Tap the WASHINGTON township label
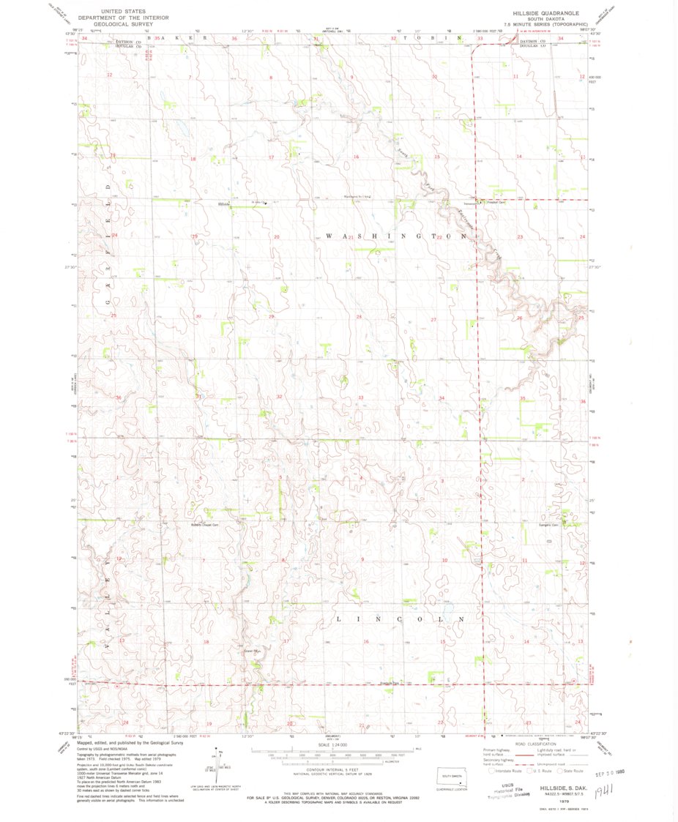pos(395,237)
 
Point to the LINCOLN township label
pos(399,619)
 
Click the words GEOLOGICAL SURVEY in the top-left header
pos(119,23)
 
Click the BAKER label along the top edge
pos(178,37)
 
